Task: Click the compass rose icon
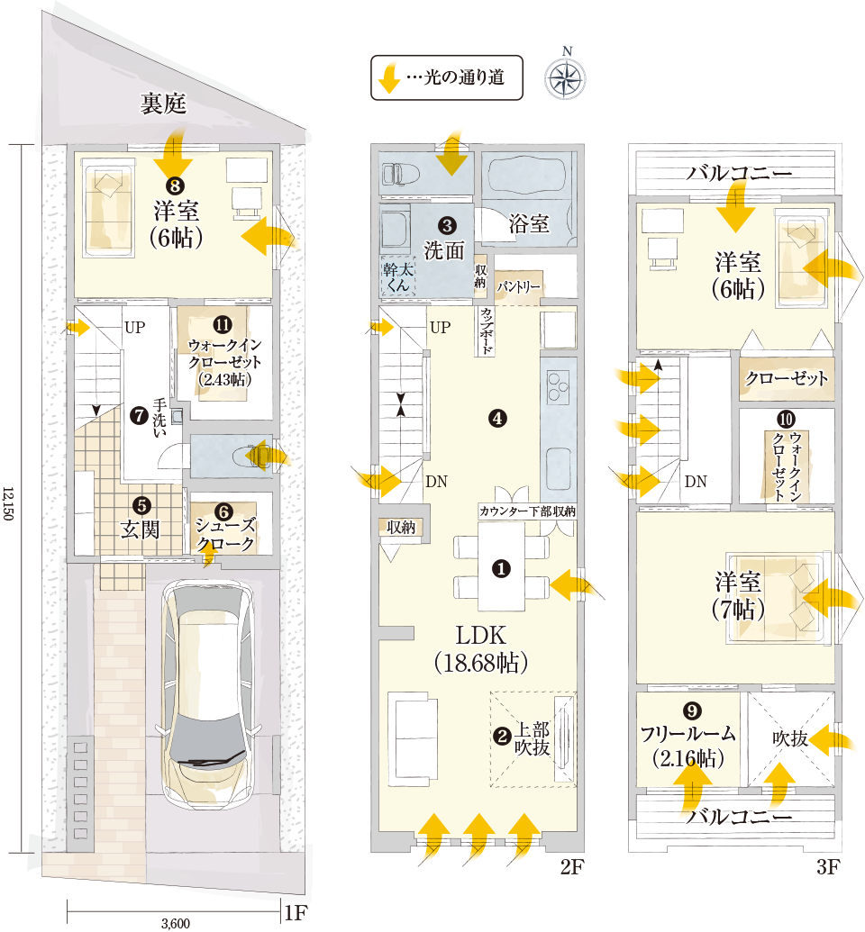coord(565,77)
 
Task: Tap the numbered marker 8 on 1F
coord(174,186)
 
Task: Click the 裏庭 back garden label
coord(164,104)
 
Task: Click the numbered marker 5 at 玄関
coord(141,506)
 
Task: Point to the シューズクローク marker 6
coord(223,511)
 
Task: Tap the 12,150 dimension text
coord(8,503)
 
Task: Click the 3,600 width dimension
coord(176,923)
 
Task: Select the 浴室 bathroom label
coord(529,224)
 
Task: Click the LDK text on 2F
coord(480,636)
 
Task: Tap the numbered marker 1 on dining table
coord(502,569)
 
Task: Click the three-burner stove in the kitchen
coord(559,385)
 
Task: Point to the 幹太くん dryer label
coord(398,277)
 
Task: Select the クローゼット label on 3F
coord(787,378)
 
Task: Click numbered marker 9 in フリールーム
coord(691,710)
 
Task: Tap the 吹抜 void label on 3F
coord(790,738)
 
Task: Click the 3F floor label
coord(827,867)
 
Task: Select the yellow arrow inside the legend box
coord(389,77)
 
